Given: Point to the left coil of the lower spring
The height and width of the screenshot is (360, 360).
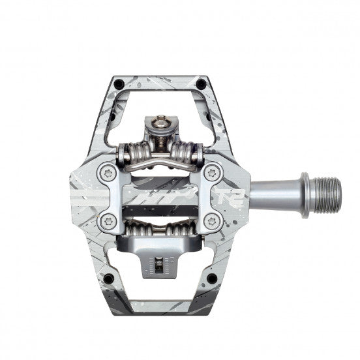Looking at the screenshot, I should (131, 230).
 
